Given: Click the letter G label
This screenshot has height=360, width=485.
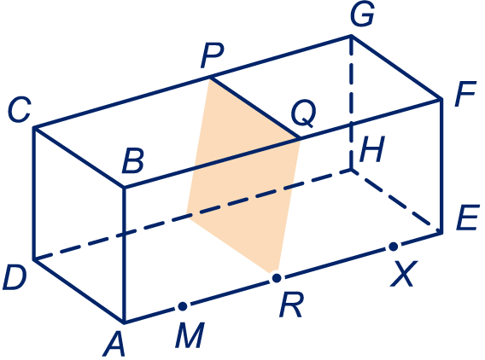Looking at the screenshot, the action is pyautogui.click(x=362, y=14).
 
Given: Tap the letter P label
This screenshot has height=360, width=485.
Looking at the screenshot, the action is pyautogui.click(x=212, y=56).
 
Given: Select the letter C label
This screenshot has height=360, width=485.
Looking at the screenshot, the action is pyautogui.click(x=19, y=109).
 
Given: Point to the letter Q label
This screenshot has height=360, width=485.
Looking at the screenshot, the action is pyautogui.click(x=304, y=113).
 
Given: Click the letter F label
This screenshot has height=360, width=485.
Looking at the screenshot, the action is pyautogui.click(x=465, y=94).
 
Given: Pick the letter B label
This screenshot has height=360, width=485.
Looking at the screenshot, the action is pyautogui.click(x=133, y=161).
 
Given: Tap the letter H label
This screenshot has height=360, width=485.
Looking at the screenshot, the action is pyautogui.click(x=372, y=149).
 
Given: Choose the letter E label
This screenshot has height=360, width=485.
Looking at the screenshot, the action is pyautogui.click(x=468, y=218).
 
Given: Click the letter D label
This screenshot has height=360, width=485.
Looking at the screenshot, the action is pyautogui.click(x=15, y=278).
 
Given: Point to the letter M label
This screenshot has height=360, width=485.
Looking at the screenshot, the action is pyautogui.click(x=190, y=335).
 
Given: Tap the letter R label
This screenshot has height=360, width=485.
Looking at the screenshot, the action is pyautogui.click(x=291, y=305).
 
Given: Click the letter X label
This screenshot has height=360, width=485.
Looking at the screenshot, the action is pyautogui.click(x=404, y=274).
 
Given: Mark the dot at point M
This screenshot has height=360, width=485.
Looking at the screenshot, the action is pyautogui.click(x=183, y=306).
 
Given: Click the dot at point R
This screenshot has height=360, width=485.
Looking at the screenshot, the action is pyautogui.click(x=277, y=278).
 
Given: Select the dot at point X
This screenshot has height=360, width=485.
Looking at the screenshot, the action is pyautogui.click(x=394, y=247).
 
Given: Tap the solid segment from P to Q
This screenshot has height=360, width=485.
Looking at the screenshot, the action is pyautogui.click(x=254, y=108).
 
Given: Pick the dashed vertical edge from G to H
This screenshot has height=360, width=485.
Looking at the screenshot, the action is pyautogui.click(x=352, y=102).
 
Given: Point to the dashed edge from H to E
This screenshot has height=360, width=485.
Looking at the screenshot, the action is pyautogui.click(x=396, y=200).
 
